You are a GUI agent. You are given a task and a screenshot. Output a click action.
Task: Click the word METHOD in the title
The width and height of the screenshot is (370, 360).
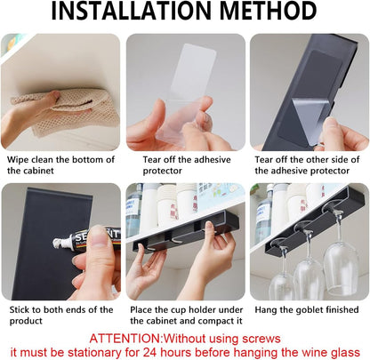269,11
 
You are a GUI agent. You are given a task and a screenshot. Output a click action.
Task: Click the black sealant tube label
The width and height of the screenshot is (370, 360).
95,238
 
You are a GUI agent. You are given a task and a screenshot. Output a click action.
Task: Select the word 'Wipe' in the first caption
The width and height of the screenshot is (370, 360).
18,160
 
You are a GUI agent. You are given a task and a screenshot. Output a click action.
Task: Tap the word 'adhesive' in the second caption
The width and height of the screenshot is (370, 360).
212,160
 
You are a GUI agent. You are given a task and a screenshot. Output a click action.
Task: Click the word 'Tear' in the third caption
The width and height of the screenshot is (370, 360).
264,160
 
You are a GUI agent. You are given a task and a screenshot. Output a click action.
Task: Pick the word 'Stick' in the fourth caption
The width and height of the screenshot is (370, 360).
20,310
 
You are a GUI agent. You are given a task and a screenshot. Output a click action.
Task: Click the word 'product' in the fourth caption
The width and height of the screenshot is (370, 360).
26,321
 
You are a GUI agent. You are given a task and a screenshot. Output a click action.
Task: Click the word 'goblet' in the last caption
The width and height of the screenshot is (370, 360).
309,310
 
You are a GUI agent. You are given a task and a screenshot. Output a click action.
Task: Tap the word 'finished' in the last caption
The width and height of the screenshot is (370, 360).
342,310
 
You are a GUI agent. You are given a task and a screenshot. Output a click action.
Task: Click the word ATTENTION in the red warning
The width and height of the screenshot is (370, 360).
125,339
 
